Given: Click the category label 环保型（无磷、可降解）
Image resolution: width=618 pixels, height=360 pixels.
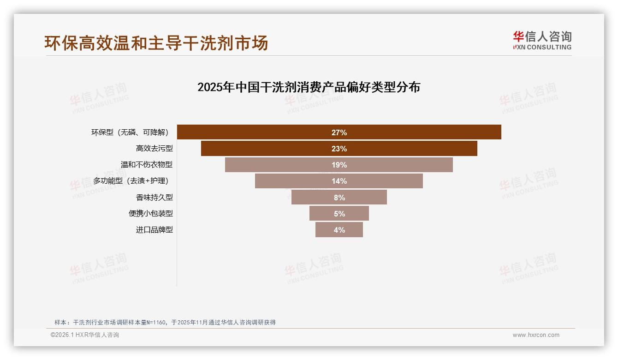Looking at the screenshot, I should pos(130,132).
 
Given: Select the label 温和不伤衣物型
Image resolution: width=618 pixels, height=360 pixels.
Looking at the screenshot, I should pos(146,165).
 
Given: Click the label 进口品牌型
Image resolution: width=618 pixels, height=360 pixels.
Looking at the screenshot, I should pos(154,229).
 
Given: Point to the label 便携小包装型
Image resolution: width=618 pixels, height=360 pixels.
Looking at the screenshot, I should pos(150,213).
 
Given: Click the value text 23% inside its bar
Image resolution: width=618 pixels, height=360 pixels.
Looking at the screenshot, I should pos(339,149).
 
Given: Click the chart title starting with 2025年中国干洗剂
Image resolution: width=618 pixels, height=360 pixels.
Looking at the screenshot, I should pos(309,87).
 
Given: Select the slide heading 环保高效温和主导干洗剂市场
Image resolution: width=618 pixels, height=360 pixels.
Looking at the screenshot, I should pos(156,43).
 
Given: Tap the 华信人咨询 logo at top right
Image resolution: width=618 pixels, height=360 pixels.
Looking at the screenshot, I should pos(542,36).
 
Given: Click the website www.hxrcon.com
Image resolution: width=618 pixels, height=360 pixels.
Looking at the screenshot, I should pos(536,335).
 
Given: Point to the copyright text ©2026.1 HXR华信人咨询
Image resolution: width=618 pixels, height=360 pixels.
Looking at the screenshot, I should pos(85,335).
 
